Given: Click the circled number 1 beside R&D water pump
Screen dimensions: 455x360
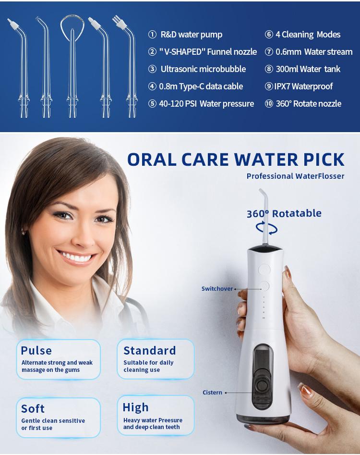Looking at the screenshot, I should [x=152, y=35].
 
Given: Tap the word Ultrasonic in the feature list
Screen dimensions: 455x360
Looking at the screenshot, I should [x=179, y=69].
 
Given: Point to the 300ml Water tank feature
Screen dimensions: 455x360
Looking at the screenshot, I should [x=308, y=69].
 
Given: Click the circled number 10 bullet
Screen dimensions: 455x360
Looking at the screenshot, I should [x=269, y=104].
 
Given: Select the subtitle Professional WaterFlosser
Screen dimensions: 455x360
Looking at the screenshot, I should [x=295, y=176].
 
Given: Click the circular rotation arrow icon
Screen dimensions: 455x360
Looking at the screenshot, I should [x=266, y=228].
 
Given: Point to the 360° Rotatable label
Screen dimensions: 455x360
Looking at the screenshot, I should [x=284, y=213].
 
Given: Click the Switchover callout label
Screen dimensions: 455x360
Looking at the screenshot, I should [x=217, y=289].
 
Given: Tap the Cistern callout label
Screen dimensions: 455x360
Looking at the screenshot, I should [x=212, y=393].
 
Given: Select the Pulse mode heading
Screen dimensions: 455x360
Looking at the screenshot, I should [x=36, y=350].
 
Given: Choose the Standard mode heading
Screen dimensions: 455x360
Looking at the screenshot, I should [x=149, y=350].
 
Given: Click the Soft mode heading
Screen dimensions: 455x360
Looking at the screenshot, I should [x=33, y=408].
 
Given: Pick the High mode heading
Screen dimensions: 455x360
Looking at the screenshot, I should [x=135, y=407].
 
